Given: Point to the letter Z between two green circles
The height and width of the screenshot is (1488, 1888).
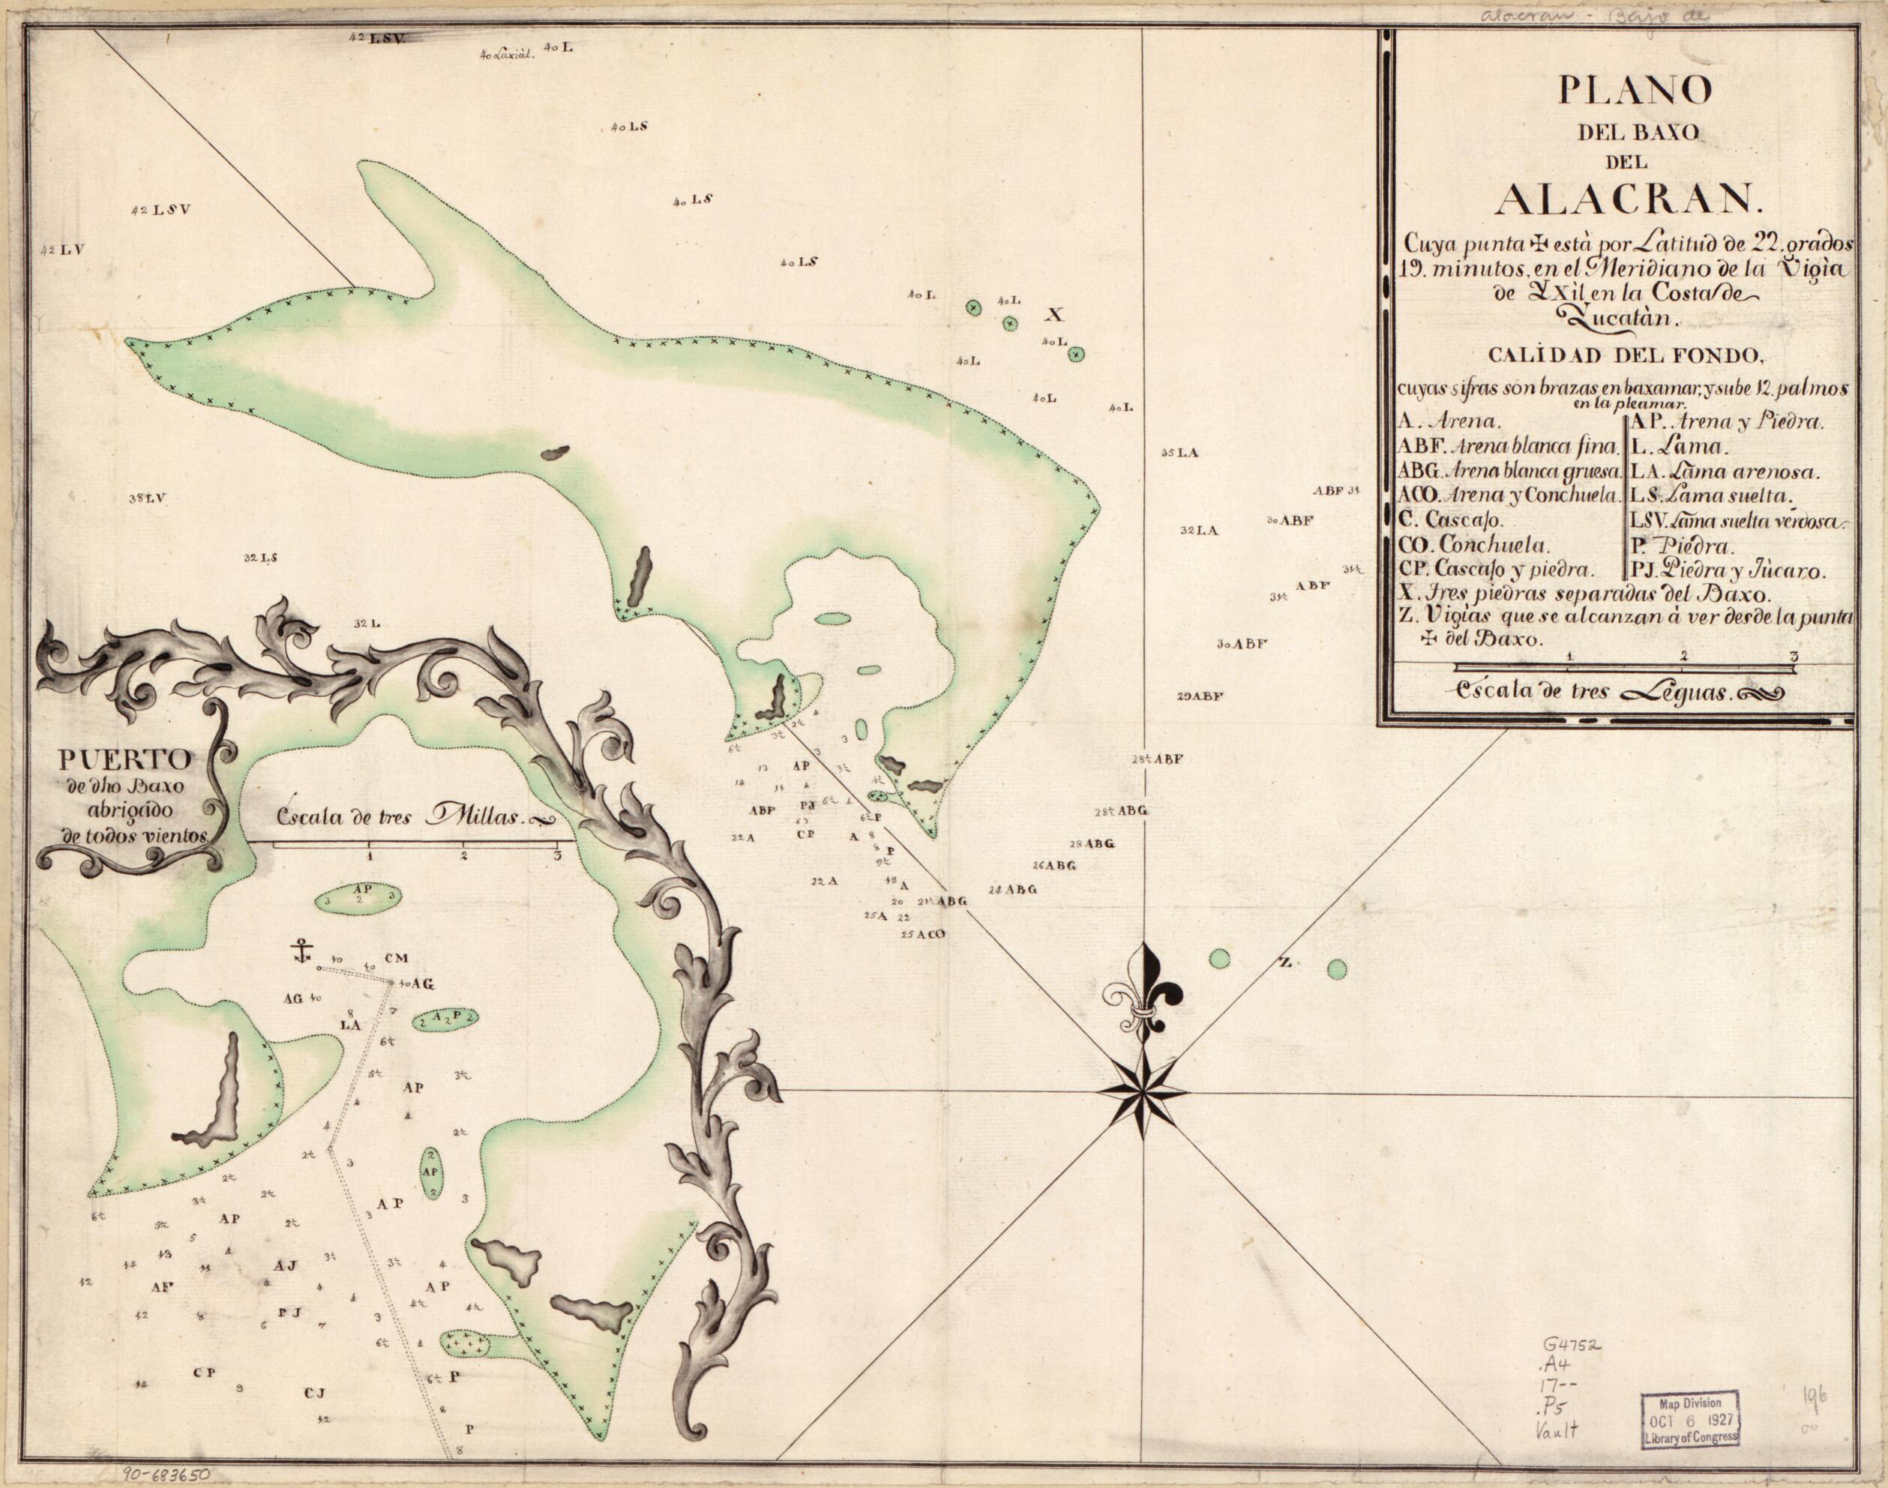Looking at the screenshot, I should click(1284, 963).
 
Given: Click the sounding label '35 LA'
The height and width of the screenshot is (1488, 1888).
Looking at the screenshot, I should click(1180, 454).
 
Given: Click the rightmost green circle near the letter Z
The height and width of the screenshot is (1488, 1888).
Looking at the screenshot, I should click(1336, 968).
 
